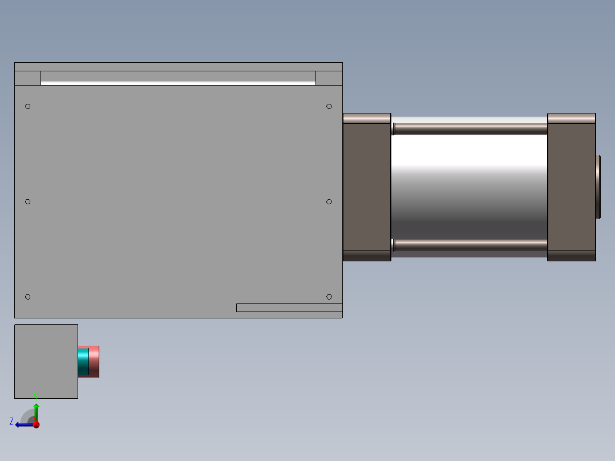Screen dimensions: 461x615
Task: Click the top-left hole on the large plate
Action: [28, 106]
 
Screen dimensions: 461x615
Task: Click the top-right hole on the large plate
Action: [329, 106]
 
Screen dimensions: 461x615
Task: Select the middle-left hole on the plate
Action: [28, 201]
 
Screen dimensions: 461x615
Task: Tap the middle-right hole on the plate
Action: [329, 201]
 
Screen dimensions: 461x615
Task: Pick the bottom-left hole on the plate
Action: [28, 297]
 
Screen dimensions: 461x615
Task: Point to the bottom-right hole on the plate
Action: [329, 297]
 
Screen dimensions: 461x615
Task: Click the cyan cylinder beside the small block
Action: [83, 361]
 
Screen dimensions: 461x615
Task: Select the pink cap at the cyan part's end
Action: [94, 361]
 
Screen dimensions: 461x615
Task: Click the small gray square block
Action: [46, 361]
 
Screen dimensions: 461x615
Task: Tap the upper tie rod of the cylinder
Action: [469, 128]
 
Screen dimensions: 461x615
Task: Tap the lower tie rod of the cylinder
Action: [469, 245]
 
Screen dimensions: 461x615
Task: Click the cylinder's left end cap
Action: [366, 187]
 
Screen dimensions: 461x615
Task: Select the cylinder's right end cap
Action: [571, 187]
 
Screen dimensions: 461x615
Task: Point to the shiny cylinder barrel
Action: [469, 187]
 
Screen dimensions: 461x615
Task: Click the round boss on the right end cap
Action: [598, 187]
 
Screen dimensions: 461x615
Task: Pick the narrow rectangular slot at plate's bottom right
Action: [289, 308]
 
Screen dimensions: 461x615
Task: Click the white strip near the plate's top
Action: [178, 83]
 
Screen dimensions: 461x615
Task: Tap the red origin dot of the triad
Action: [37, 424]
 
